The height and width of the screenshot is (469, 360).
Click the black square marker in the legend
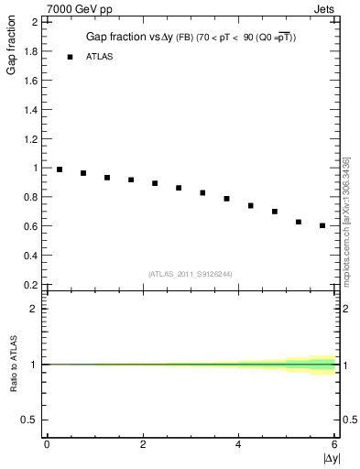click(x=70, y=57)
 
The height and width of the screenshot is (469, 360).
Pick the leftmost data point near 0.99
click(x=60, y=169)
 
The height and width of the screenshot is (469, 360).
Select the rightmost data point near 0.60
click(x=322, y=225)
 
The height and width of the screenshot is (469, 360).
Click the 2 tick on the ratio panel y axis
click(x=35, y=309)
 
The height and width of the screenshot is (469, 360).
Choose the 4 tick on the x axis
click(x=239, y=444)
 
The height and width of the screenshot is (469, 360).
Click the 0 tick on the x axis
click(x=47, y=444)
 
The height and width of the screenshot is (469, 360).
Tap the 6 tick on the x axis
click(x=335, y=444)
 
